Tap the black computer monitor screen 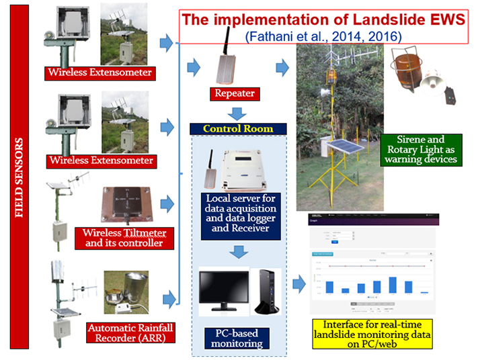point(222,289)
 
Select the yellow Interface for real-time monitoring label point(371,333)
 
